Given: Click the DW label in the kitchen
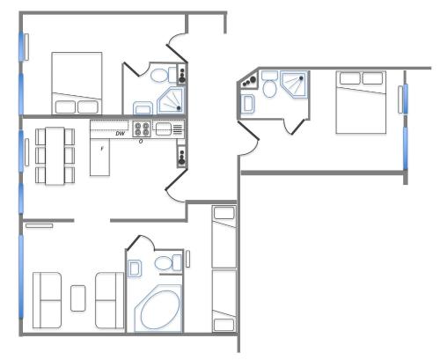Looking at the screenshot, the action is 120,134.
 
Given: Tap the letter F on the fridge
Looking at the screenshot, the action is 102,149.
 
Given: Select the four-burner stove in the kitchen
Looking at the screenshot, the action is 142,129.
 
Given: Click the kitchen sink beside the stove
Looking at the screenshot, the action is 164,129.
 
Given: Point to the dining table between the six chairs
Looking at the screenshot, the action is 55,156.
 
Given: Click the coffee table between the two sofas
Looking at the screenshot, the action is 78,298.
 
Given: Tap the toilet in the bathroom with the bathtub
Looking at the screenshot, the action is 168,262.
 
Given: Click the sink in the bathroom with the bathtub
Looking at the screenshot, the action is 135,268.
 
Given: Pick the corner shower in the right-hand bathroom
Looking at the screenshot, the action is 294,84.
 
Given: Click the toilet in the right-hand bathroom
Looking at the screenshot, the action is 269,84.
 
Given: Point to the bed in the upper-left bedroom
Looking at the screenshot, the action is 77,84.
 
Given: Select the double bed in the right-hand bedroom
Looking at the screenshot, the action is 361,102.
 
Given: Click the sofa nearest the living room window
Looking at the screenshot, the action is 47,300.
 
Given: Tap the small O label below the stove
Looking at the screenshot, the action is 141,142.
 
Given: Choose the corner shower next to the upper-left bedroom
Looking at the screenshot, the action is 171,100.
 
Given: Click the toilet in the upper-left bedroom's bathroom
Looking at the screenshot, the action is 164,75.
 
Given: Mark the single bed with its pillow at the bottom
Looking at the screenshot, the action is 224,301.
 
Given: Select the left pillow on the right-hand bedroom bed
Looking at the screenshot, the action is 350,78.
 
